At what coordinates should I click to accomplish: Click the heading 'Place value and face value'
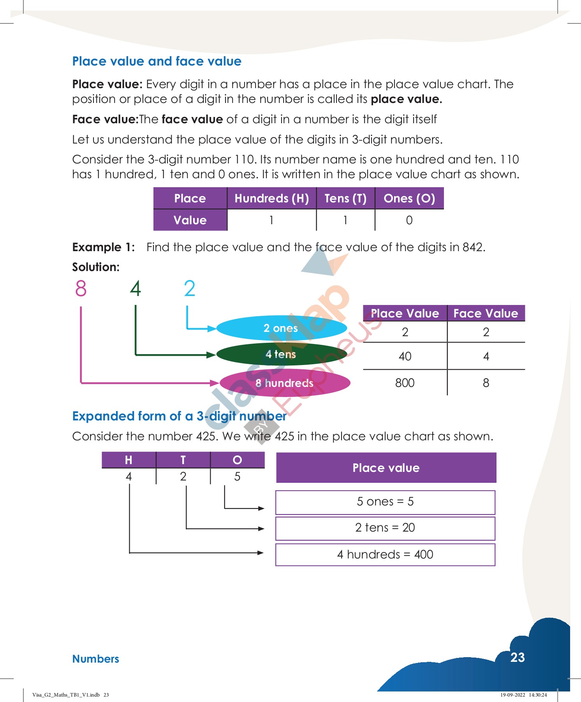coord(157,61)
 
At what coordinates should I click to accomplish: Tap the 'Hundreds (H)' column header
coord(271,199)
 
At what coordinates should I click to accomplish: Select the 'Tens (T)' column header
coord(345,199)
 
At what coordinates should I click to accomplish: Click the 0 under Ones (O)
coord(409,220)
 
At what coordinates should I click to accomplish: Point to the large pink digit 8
coord(81,289)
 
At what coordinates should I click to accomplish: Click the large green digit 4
coord(135,289)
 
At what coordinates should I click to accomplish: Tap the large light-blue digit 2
coord(189,289)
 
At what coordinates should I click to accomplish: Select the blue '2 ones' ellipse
coord(281,328)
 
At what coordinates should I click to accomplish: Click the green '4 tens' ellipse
coord(281,354)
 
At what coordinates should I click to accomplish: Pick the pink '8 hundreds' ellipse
coord(285,383)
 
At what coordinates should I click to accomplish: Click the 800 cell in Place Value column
coord(405,383)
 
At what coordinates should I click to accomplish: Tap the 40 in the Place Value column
coord(405,356)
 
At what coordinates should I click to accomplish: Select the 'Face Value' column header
coord(486,314)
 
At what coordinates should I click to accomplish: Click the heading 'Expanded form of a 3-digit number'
coord(179,416)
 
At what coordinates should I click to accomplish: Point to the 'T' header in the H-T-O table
coord(183,460)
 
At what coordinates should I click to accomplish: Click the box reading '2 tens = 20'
coord(385,528)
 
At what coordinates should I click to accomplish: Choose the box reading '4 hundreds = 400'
coord(385,555)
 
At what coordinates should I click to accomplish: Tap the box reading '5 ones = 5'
coord(385,502)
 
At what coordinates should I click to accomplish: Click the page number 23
coord(518,658)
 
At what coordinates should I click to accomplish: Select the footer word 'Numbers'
coord(96,659)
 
